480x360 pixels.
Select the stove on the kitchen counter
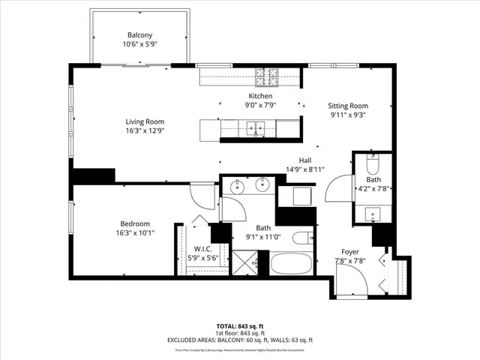coord(266,75)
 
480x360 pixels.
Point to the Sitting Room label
coord(349,106)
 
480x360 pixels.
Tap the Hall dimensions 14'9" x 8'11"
coord(304,169)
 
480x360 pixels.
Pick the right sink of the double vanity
coord(262,184)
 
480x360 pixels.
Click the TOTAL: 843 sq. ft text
coord(239,325)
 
